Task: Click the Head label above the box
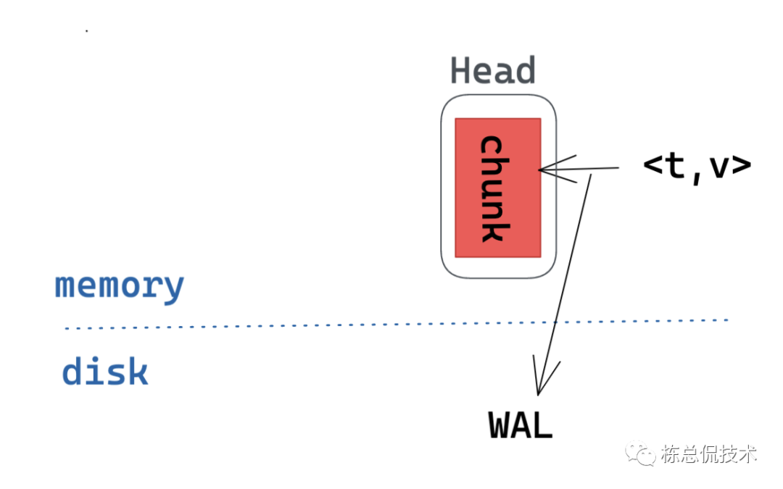click(493, 71)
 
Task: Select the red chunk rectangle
click(497, 187)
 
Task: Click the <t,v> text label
click(697, 167)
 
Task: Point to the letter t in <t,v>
click(674, 166)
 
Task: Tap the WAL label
click(521, 425)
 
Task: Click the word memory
click(120, 285)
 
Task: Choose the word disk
click(105, 372)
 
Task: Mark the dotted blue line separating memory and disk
click(290, 325)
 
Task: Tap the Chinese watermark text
click(708, 454)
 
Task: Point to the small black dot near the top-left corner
click(87, 31)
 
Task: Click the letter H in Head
click(462, 71)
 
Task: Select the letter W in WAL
click(500, 425)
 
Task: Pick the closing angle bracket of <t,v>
click(741, 166)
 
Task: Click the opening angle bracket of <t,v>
click(653, 166)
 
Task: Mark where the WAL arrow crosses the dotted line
click(554, 322)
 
